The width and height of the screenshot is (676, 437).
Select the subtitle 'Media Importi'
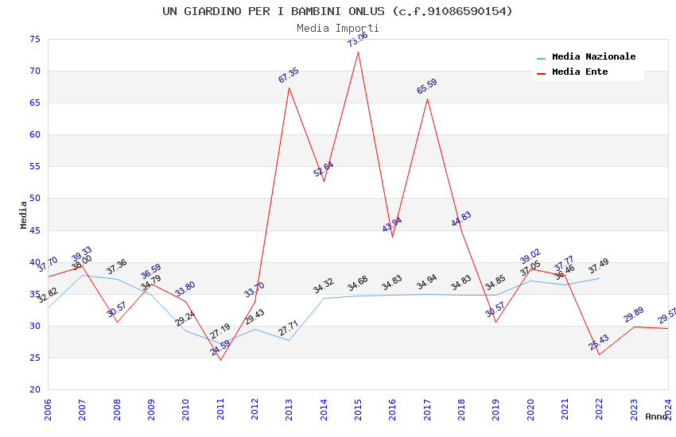(x=337, y=28)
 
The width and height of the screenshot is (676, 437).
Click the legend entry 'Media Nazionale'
(x=593, y=57)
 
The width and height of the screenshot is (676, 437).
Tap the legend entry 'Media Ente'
(x=580, y=72)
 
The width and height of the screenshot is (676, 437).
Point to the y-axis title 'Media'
(x=24, y=215)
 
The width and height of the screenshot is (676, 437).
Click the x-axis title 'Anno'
(x=656, y=416)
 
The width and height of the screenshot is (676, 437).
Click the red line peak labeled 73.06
(x=358, y=52)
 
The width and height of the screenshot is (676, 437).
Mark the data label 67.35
(x=289, y=75)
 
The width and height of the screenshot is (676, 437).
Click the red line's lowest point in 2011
(x=220, y=360)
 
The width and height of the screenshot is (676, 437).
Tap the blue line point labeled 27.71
(x=289, y=340)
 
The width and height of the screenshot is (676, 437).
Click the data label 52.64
(x=324, y=169)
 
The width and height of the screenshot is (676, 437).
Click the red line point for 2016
(x=392, y=237)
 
